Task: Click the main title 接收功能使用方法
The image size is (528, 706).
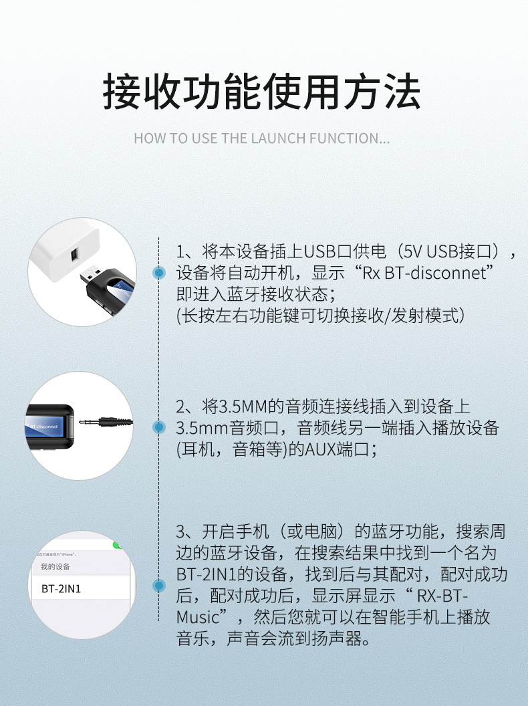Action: pos(261,92)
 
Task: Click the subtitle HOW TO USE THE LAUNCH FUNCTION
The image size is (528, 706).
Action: pos(261,139)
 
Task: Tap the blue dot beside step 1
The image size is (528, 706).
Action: pos(159,272)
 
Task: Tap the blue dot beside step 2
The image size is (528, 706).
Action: pos(159,427)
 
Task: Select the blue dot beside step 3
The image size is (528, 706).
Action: pos(159,586)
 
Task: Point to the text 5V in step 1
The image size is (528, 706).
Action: pos(412,252)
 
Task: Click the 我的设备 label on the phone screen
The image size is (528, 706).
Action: pos(55,567)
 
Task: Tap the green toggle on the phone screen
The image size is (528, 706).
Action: pos(118,545)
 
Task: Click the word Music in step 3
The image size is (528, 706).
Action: pos(198,616)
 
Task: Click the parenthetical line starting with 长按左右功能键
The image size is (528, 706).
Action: pos(320,315)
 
